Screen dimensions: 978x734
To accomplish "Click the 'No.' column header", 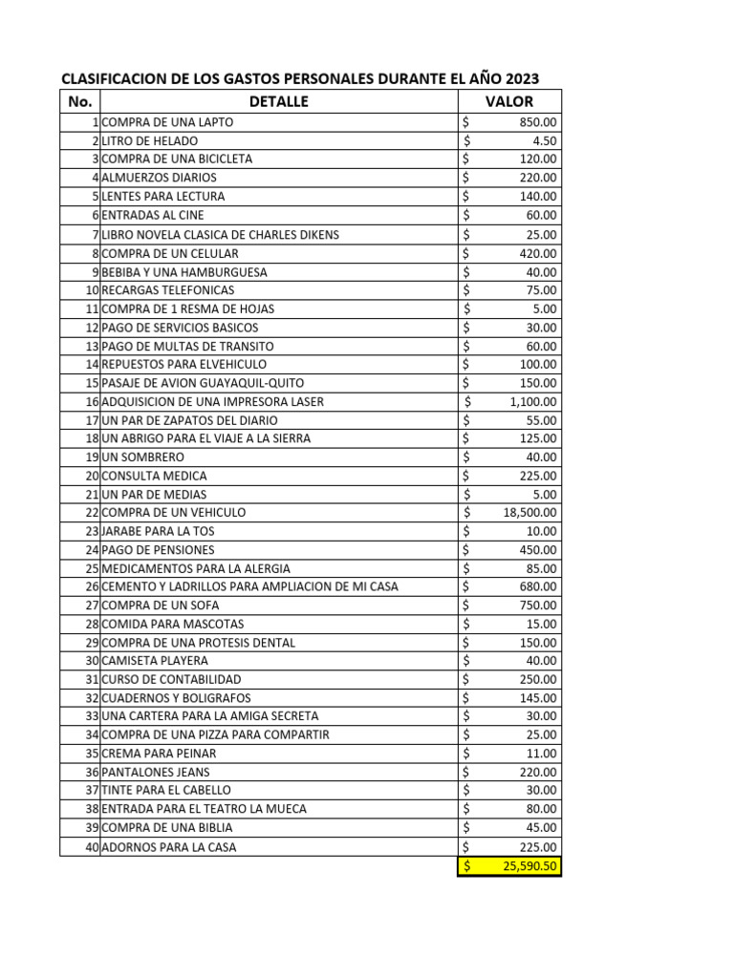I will (80, 101).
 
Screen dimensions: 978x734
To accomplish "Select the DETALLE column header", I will (278, 101).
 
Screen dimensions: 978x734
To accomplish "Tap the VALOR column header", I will (509, 101).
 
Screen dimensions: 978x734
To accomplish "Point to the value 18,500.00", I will (529, 513).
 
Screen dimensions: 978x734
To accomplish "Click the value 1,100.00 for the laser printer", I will (533, 402).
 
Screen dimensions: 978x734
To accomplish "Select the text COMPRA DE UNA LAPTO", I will (167, 122).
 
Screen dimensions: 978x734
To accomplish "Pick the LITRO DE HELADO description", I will (150, 140).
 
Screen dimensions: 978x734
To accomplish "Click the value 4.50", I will (546, 140).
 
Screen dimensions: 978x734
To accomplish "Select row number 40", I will (93, 847).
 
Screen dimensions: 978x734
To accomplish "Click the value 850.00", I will (539, 122).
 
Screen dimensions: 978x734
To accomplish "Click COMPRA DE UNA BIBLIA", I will (166, 827).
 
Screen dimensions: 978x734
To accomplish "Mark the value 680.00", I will (539, 586).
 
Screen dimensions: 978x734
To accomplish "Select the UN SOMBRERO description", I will (143, 457).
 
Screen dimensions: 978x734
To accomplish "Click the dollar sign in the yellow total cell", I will (466, 866).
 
